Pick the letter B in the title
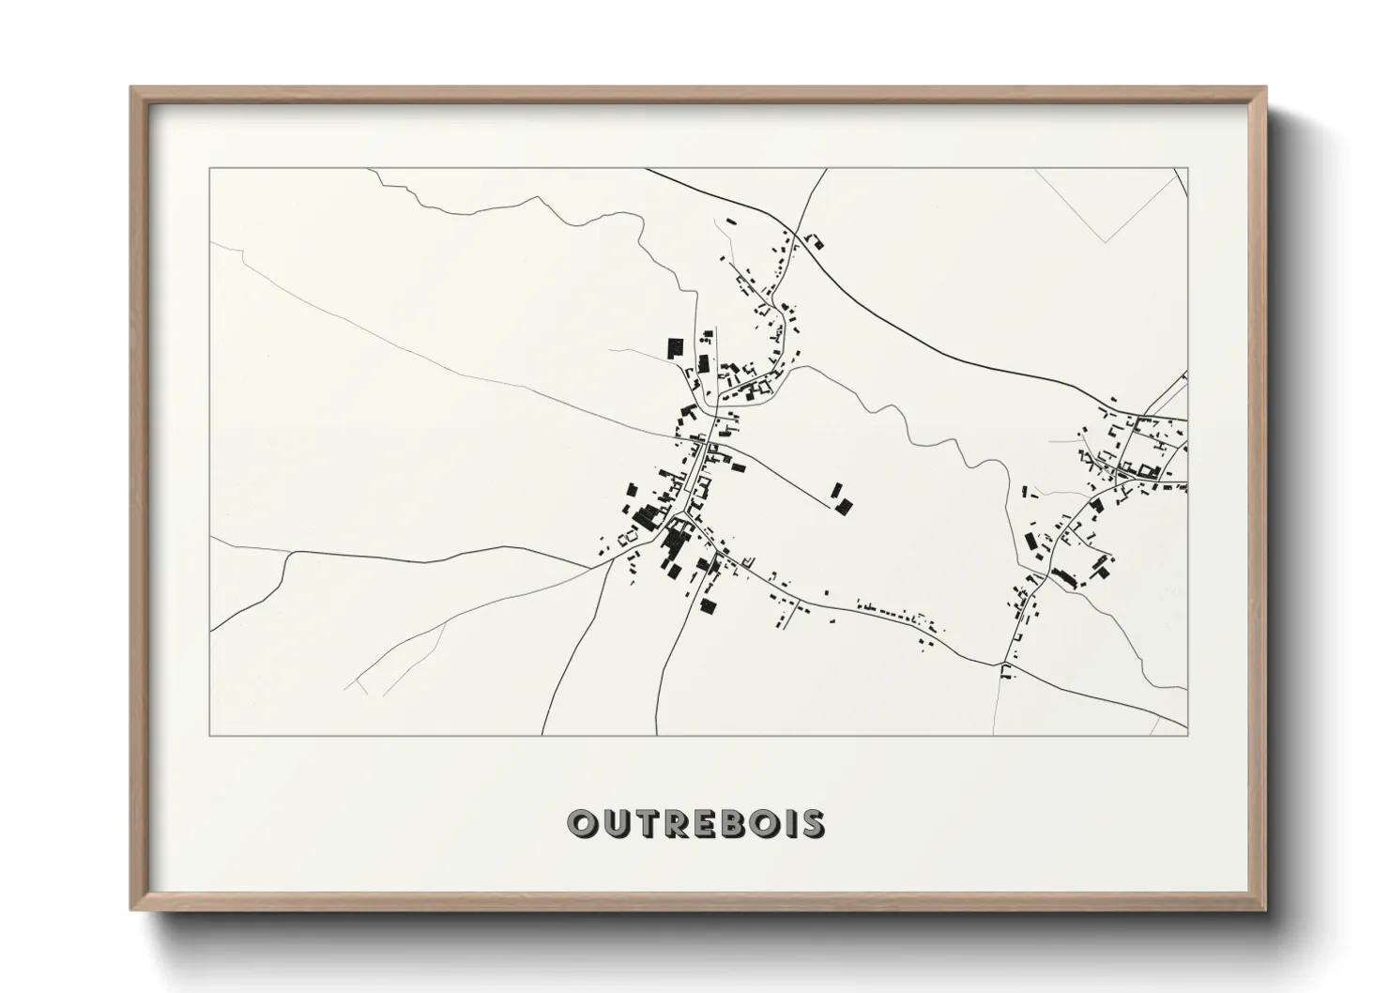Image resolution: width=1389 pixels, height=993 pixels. click(730, 823)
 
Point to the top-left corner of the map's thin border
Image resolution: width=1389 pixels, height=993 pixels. click(210, 169)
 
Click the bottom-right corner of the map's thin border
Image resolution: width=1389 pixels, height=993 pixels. click(1187, 735)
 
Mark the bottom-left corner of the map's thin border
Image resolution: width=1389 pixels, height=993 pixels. click(210, 735)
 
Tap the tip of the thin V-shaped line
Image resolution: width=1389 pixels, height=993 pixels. click(1106, 242)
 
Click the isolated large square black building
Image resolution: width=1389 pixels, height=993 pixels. click(674, 348)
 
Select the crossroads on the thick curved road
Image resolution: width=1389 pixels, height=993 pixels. click(796, 232)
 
